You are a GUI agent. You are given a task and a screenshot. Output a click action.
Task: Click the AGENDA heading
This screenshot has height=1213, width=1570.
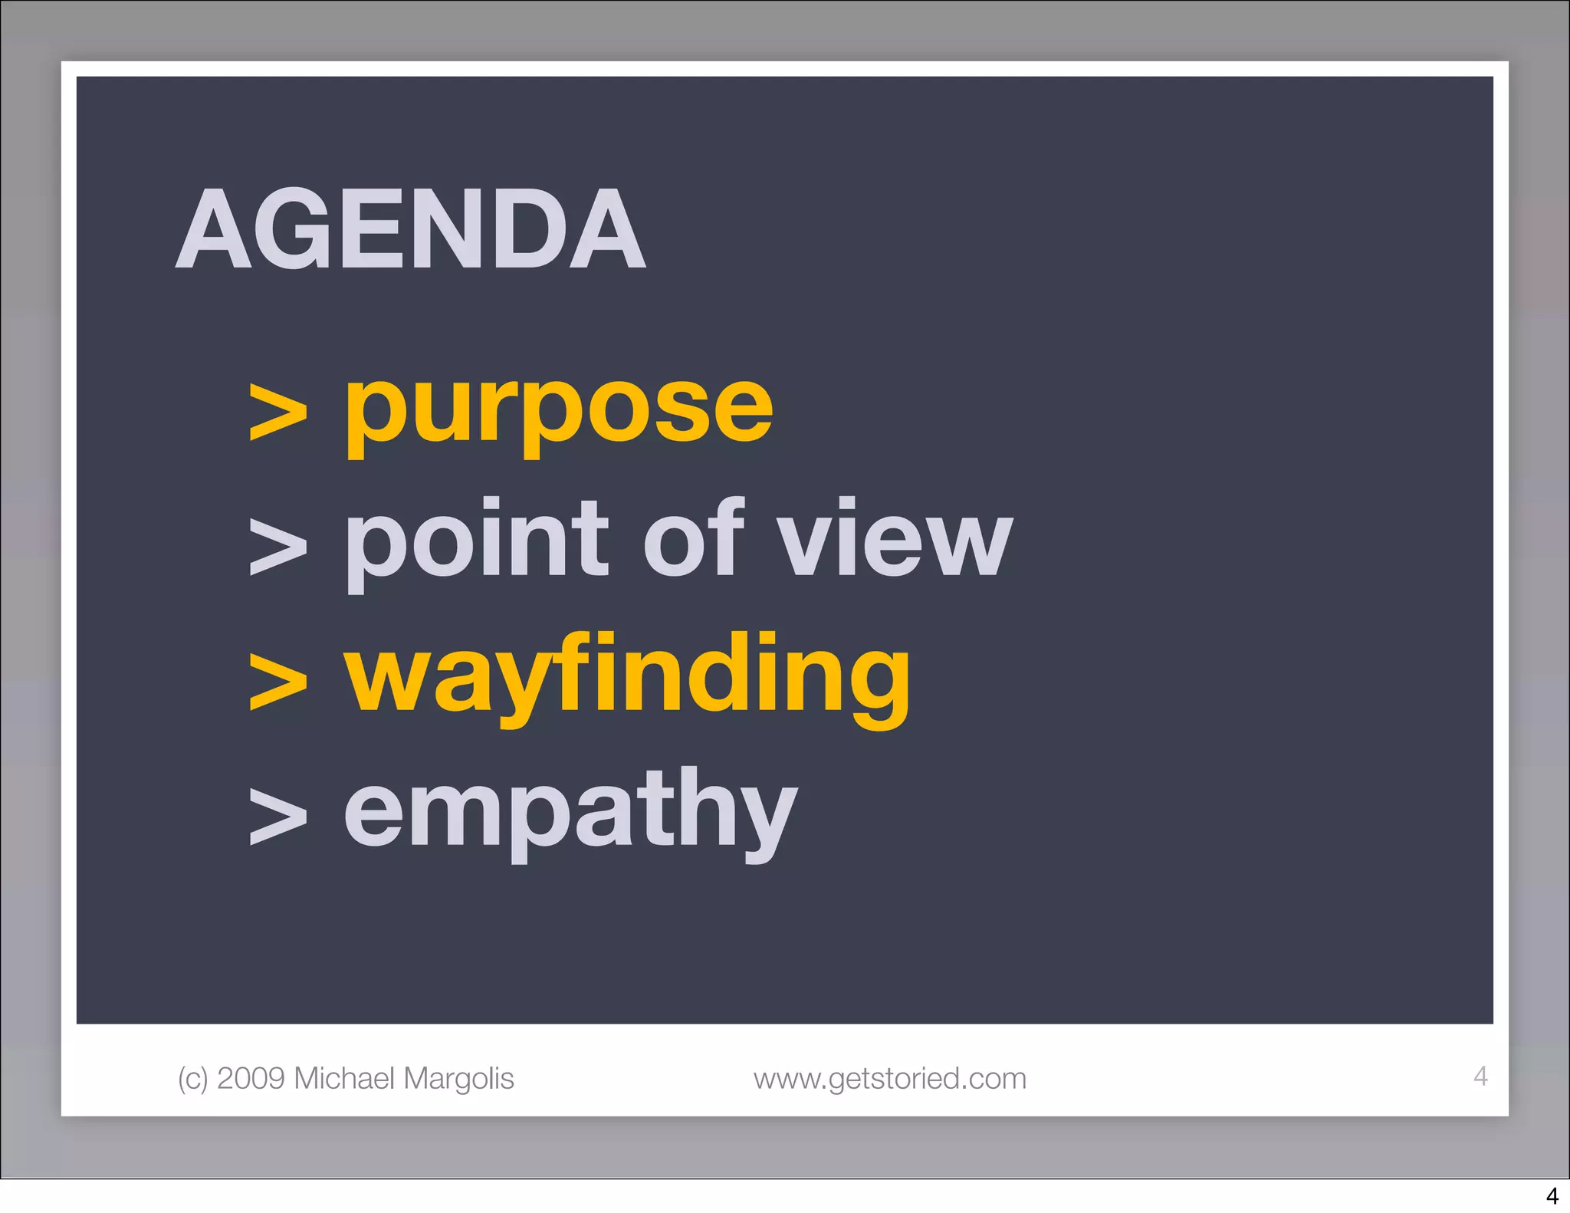pyautogui.click(x=410, y=229)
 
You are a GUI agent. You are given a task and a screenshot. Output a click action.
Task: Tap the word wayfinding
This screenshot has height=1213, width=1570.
pyautogui.click(x=626, y=675)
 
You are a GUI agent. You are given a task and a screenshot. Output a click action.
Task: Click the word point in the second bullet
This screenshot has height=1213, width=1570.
pyautogui.click(x=477, y=541)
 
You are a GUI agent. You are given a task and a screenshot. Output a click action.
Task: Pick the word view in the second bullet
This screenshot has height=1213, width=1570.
pyautogui.click(x=894, y=541)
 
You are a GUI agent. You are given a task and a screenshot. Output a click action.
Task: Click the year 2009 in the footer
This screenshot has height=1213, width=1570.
pyautogui.click(x=251, y=1078)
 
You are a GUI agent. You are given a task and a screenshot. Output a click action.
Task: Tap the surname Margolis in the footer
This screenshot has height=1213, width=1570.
pyautogui.click(x=458, y=1079)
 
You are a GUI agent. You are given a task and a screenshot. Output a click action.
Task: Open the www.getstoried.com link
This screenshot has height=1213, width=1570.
pyautogui.click(x=889, y=1079)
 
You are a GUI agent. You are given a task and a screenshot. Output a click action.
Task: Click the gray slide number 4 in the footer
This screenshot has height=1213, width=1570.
pyautogui.click(x=1480, y=1076)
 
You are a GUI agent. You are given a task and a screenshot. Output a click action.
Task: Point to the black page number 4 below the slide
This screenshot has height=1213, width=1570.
pyautogui.click(x=1552, y=1196)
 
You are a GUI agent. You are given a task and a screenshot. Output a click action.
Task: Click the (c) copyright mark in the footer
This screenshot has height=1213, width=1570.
pyautogui.click(x=192, y=1079)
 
